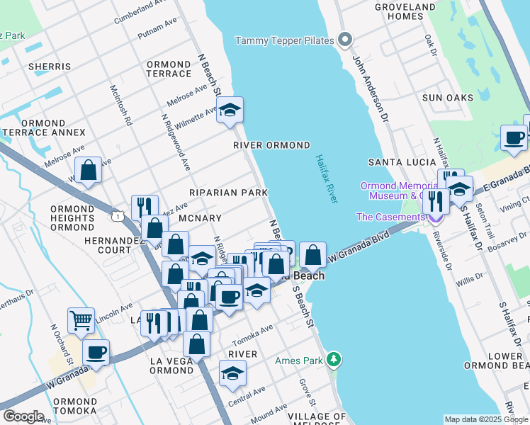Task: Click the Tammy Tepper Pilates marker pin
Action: tap(345, 40)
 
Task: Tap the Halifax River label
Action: tap(325, 180)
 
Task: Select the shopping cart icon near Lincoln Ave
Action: tap(81, 319)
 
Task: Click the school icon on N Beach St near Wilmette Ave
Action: tap(230, 110)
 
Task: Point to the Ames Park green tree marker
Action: tap(334, 361)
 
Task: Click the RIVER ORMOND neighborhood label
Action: tap(272, 145)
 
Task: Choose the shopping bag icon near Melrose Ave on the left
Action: tap(89, 171)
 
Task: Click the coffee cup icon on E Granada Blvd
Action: tap(514, 137)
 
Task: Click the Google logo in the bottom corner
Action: tap(23, 416)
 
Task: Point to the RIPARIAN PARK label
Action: tap(228, 193)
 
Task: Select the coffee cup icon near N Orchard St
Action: tap(96, 351)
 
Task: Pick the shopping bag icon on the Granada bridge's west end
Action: tap(312, 254)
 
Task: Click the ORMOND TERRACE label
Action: tap(169, 69)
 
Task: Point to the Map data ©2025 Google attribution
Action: tap(486, 419)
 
